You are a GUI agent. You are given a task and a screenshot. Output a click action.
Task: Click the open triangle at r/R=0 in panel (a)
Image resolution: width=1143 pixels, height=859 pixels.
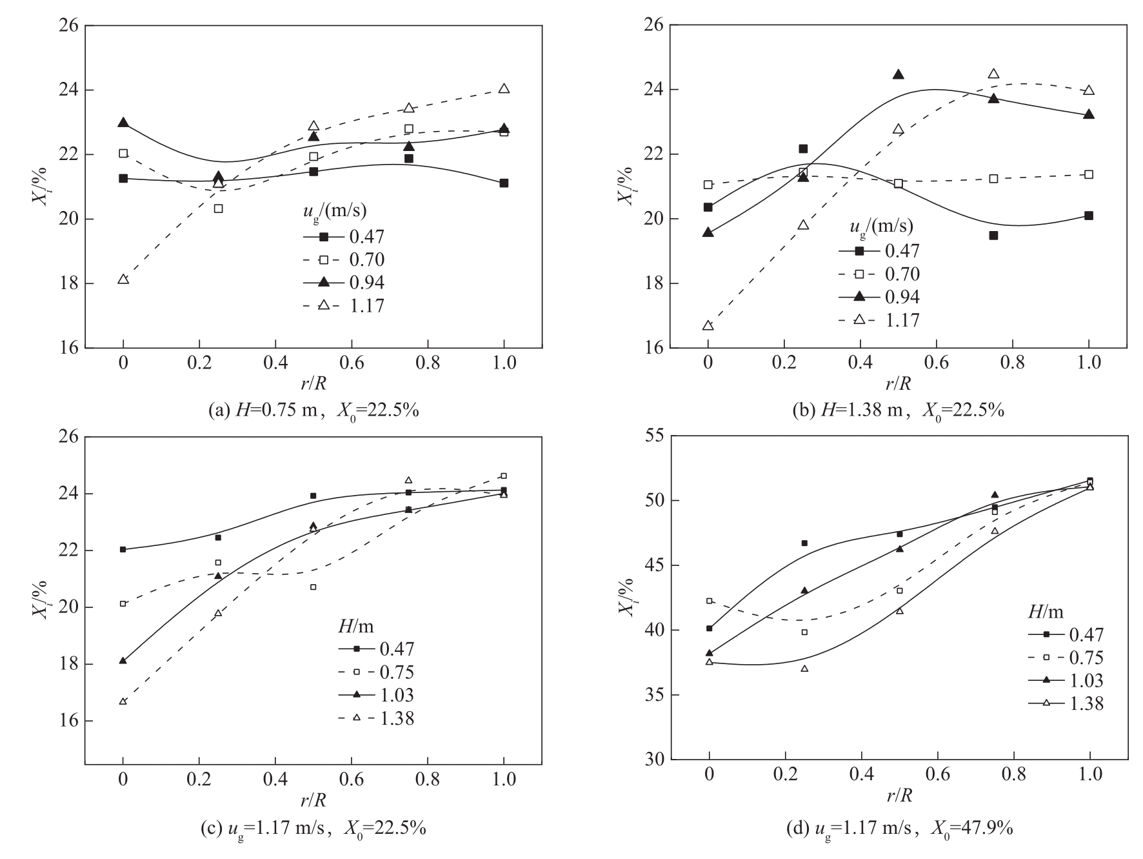[123, 279]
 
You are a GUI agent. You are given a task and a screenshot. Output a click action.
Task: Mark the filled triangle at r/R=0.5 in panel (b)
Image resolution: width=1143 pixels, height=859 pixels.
[899, 74]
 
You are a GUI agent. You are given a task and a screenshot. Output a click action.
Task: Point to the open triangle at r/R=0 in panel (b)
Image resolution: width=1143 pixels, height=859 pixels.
[708, 325]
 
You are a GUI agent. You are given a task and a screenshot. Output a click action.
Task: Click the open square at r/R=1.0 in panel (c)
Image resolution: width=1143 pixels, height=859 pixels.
[504, 476]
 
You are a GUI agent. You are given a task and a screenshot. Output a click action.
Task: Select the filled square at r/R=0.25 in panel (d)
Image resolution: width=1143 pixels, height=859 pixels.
[804, 543]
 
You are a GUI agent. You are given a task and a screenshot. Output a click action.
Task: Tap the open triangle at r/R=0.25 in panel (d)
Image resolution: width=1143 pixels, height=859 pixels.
[804, 668]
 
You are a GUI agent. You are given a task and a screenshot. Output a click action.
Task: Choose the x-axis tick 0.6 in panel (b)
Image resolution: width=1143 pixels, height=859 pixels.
[937, 363]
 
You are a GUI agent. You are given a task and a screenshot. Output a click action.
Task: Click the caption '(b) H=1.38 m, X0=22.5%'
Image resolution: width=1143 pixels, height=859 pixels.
[898, 410]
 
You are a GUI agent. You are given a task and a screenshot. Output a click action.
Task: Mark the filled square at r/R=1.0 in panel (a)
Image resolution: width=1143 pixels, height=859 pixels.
[504, 183]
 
